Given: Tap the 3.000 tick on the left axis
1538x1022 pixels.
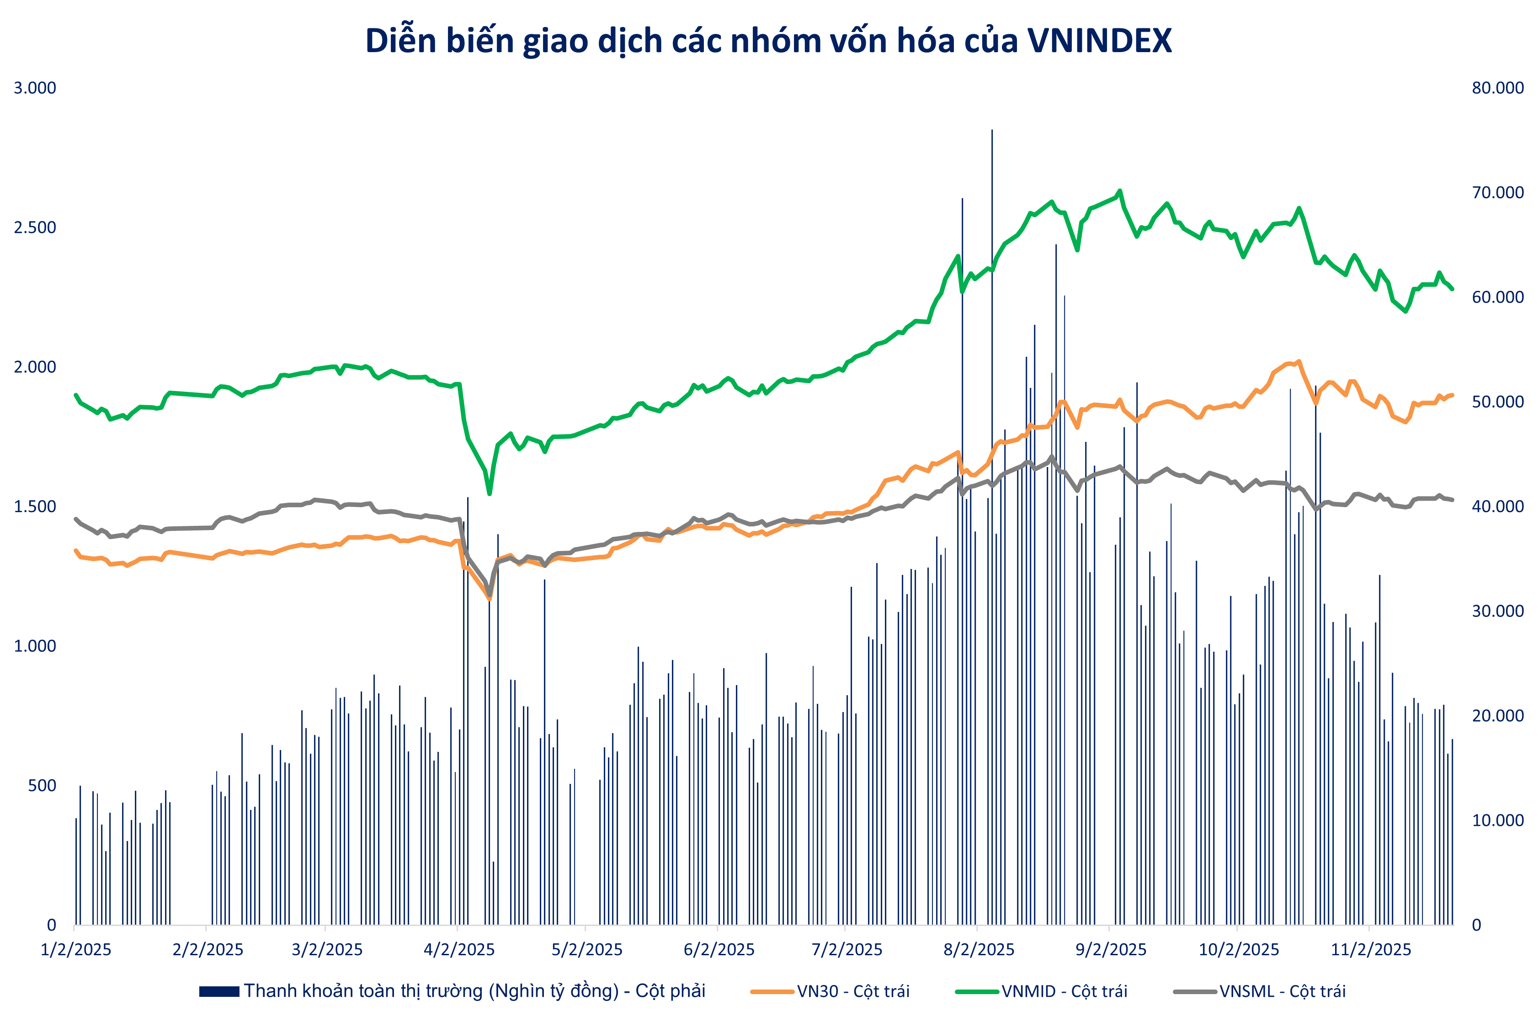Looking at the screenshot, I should (x=35, y=88).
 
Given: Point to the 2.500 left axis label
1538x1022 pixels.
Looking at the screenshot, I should (x=35, y=227).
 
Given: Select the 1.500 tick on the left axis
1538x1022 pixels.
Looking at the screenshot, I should (x=35, y=507).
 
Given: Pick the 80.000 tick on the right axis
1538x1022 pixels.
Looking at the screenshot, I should (x=1498, y=88).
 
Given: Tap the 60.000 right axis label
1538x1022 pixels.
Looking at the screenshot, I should (x=1498, y=297).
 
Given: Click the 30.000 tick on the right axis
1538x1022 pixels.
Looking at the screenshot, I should (x=1498, y=611).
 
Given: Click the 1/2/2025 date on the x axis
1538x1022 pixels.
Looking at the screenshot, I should (x=76, y=950).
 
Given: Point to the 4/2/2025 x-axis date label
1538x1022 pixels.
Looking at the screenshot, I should (x=459, y=950).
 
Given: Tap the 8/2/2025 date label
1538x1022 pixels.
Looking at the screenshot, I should (x=979, y=950).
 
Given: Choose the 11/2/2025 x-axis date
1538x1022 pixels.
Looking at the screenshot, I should (x=1371, y=950).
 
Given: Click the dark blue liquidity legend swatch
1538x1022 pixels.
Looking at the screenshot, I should (x=219, y=991).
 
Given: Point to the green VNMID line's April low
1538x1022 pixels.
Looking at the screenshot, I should (x=489, y=493).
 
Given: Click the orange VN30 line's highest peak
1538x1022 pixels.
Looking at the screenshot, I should (x=1299, y=361).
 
